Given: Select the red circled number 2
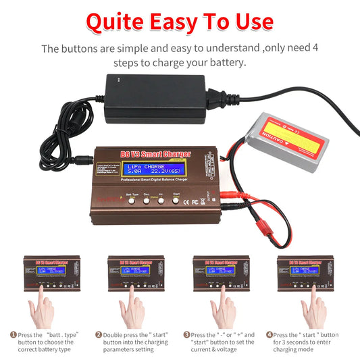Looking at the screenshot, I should pos(99,334).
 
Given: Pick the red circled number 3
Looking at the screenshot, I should pos(186,334).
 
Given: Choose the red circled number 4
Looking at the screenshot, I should pos(269,334).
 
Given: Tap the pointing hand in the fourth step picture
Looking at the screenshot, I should pos(313,307).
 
